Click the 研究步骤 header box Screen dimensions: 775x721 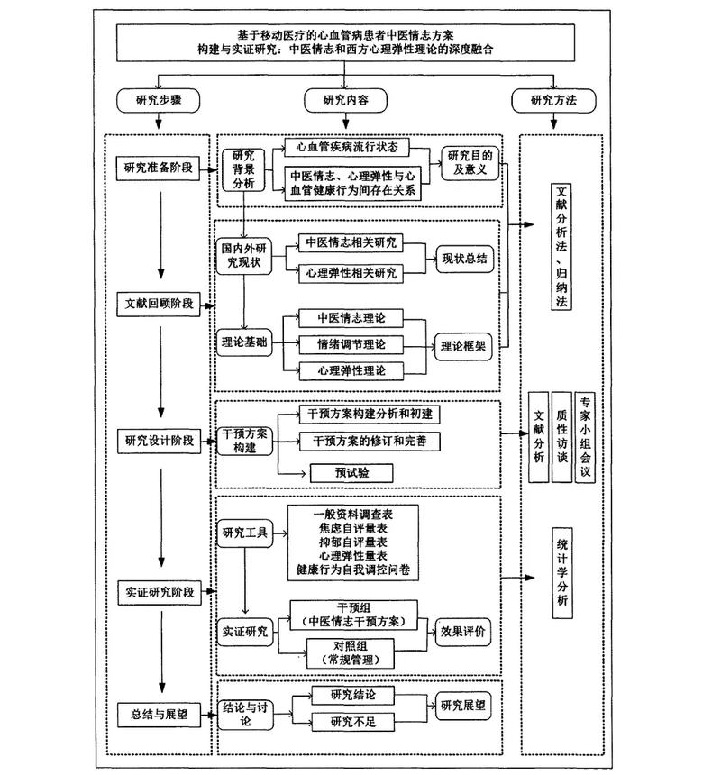point(158,100)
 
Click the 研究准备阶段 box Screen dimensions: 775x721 point(159,168)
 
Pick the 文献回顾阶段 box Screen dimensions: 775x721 point(159,303)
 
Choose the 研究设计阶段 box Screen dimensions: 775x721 point(159,441)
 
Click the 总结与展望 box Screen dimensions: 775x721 point(159,714)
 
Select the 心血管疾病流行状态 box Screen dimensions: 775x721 point(347,146)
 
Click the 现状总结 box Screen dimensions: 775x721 point(464,258)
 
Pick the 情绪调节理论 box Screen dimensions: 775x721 point(351,344)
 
